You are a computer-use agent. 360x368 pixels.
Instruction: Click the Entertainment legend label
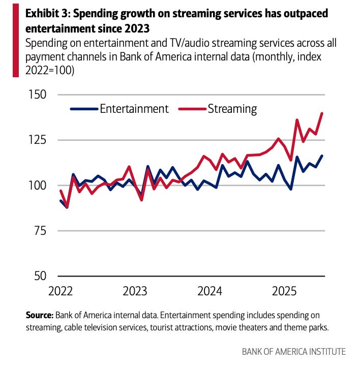pyautogui.click(x=134, y=108)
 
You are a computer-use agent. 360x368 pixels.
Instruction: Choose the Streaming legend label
pyautogui.click(x=232, y=108)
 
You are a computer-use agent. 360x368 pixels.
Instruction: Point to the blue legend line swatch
pyautogui.click(x=83, y=109)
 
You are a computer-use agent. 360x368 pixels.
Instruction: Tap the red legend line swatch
pyautogui.click(x=192, y=109)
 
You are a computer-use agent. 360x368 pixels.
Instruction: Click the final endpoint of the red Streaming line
pyautogui.click(x=322, y=113)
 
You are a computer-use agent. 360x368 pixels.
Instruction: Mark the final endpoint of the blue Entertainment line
pyautogui.click(x=322, y=156)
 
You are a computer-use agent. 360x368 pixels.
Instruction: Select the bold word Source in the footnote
pyautogui.click(x=40, y=315)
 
